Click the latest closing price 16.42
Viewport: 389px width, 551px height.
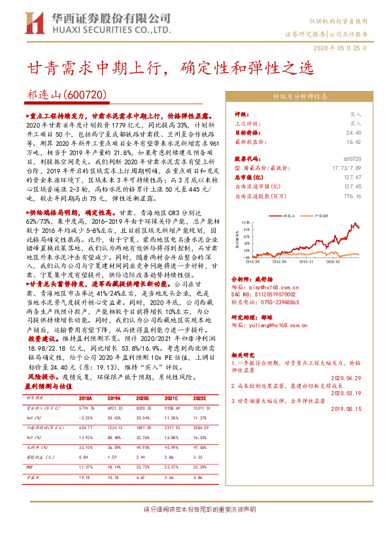click(352, 141)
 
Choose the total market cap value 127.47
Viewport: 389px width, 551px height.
click(352, 177)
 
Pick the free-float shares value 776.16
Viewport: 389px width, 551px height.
click(352, 195)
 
